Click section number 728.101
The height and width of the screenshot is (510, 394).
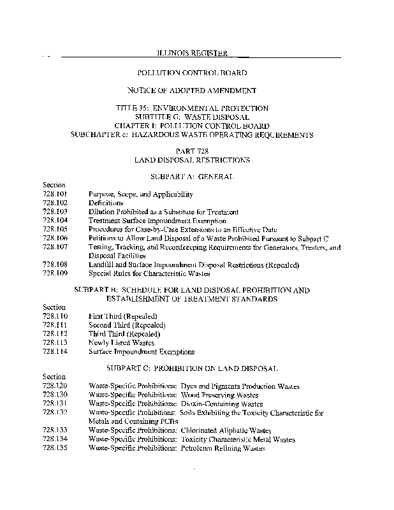click(x=55, y=194)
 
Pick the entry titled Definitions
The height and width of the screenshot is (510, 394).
click(x=106, y=203)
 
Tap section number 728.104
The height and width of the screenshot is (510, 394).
click(x=55, y=220)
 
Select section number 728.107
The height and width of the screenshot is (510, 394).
click(x=55, y=247)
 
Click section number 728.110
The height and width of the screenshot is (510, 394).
click(x=55, y=316)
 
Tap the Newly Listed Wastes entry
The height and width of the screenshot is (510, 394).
click(x=121, y=342)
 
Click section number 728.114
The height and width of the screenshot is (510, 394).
click(x=55, y=351)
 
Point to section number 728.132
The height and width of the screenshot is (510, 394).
click(x=55, y=412)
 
